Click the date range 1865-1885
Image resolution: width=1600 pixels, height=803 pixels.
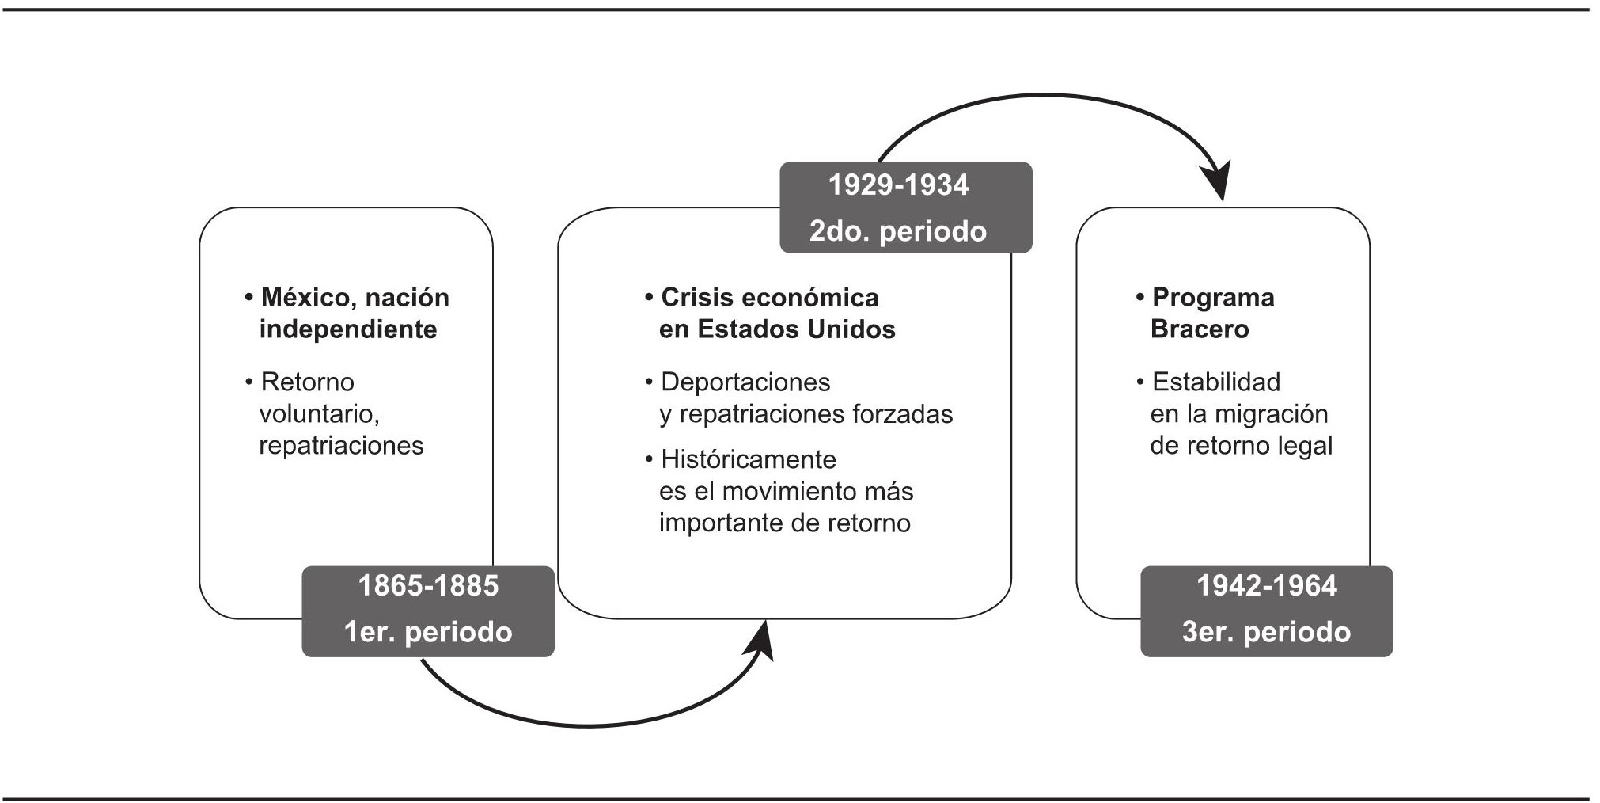pos(428,586)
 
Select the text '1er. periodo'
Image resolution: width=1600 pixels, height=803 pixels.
pos(428,632)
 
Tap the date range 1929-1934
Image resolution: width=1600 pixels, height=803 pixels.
pos(898,185)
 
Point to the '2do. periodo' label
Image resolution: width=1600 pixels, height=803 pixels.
pos(898,231)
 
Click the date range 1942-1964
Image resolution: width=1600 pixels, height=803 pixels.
pos(1266,586)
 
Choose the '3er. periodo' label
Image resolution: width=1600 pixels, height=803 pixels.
pos(1266,632)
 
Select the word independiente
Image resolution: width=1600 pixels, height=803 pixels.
pos(348,329)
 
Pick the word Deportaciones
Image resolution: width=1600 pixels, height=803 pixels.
pos(745,382)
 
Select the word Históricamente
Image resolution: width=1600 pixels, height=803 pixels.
pos(749,459)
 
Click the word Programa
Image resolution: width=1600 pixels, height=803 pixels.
pos(1213,298)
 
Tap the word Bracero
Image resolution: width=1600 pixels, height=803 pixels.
pos(1200,329)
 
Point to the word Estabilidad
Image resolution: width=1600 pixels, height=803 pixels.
pos(1216,382)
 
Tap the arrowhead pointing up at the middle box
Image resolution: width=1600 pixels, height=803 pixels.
pos(762,639)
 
